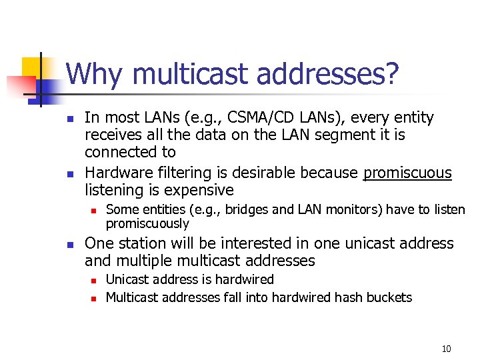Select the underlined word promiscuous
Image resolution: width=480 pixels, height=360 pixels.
point(407,173)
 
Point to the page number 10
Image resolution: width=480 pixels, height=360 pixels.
point(446,349)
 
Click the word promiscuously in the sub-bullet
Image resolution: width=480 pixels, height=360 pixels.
point(147,223)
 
